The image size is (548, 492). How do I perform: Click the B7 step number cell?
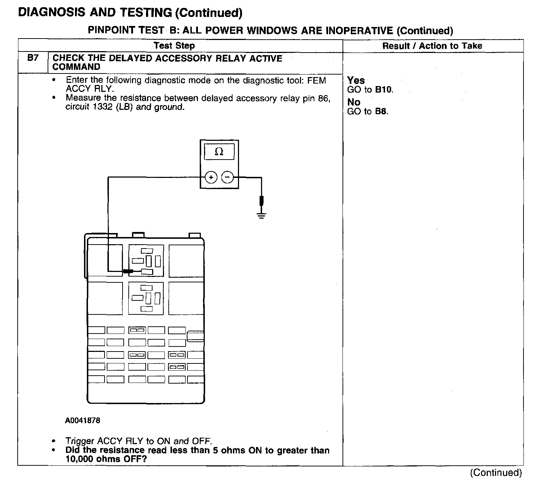coord(32,58)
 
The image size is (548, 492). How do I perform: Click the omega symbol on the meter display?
coord(219,152)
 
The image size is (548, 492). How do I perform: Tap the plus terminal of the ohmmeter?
coord(211,177)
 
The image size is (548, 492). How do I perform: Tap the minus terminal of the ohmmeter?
coord(227,177)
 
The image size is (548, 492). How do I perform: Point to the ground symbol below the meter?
coord(261,215)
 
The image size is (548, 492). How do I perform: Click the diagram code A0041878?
coord(83,420)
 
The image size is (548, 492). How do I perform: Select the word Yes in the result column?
coord(356,80)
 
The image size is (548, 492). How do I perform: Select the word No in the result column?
coord(353,102)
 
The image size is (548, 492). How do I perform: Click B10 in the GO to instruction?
coord(384,90)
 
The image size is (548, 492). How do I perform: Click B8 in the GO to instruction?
coord(381,111)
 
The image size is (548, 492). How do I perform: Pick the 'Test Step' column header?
coord(174,46)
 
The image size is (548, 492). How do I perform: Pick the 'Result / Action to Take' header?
coord(432,46)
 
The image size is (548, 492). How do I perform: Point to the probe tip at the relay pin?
coord(128,271)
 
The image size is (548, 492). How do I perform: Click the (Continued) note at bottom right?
coord(496,473)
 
